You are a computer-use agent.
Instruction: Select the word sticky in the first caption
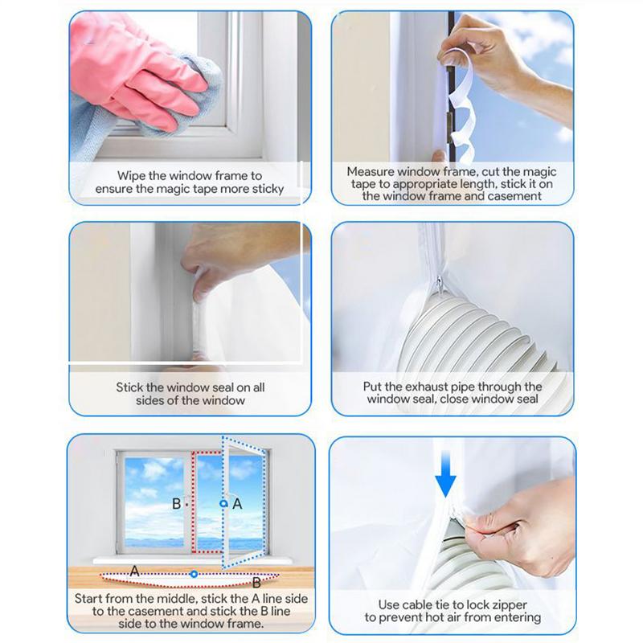(x=264, y=189)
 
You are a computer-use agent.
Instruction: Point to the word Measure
(x=372, y=171)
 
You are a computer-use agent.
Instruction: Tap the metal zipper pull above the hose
(x=440, y=281)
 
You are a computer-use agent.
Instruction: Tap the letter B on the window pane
(x=176, y=504)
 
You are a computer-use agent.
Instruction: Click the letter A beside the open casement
(x=237, y=504)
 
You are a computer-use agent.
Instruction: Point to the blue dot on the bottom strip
(x=194, y=575)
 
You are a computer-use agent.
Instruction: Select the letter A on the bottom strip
(x=133, y=569)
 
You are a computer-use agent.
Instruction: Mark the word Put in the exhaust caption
(x=374, y=387)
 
